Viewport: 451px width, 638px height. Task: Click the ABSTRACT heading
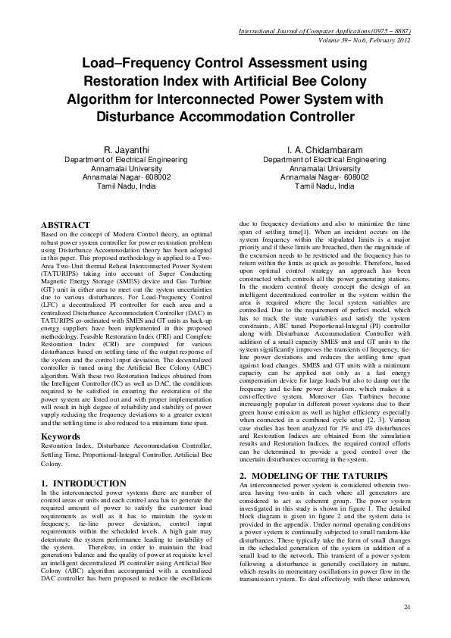coord(66,226)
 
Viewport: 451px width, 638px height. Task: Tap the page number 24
coord(407,608)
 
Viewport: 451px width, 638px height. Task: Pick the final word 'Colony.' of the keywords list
coord(53,464)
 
